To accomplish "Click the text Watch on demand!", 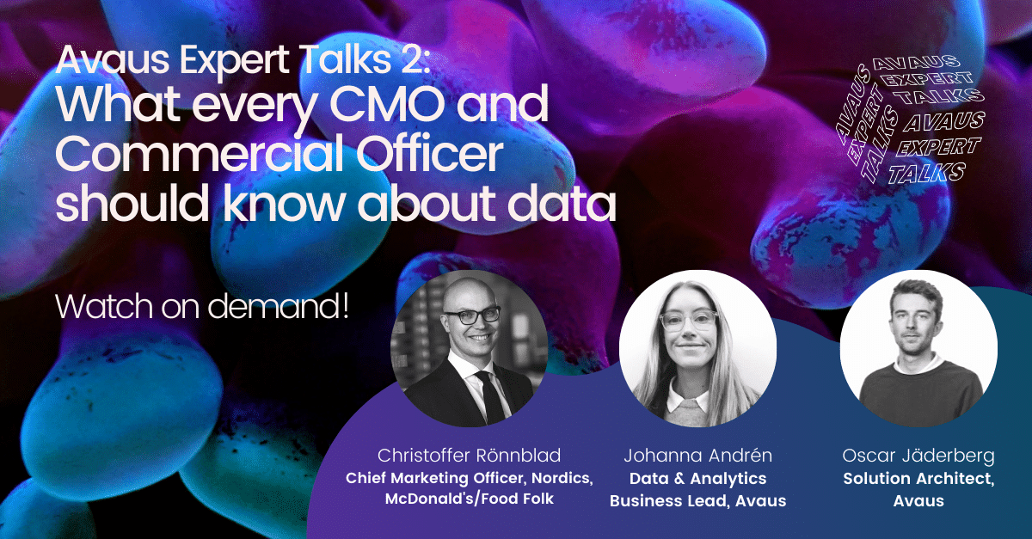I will click(x=202, y=307).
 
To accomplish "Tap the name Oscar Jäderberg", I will click(x=918, y=456).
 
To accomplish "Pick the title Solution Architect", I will click(x=918, y=478).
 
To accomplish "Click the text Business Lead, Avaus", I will click(x=697, y=500).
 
